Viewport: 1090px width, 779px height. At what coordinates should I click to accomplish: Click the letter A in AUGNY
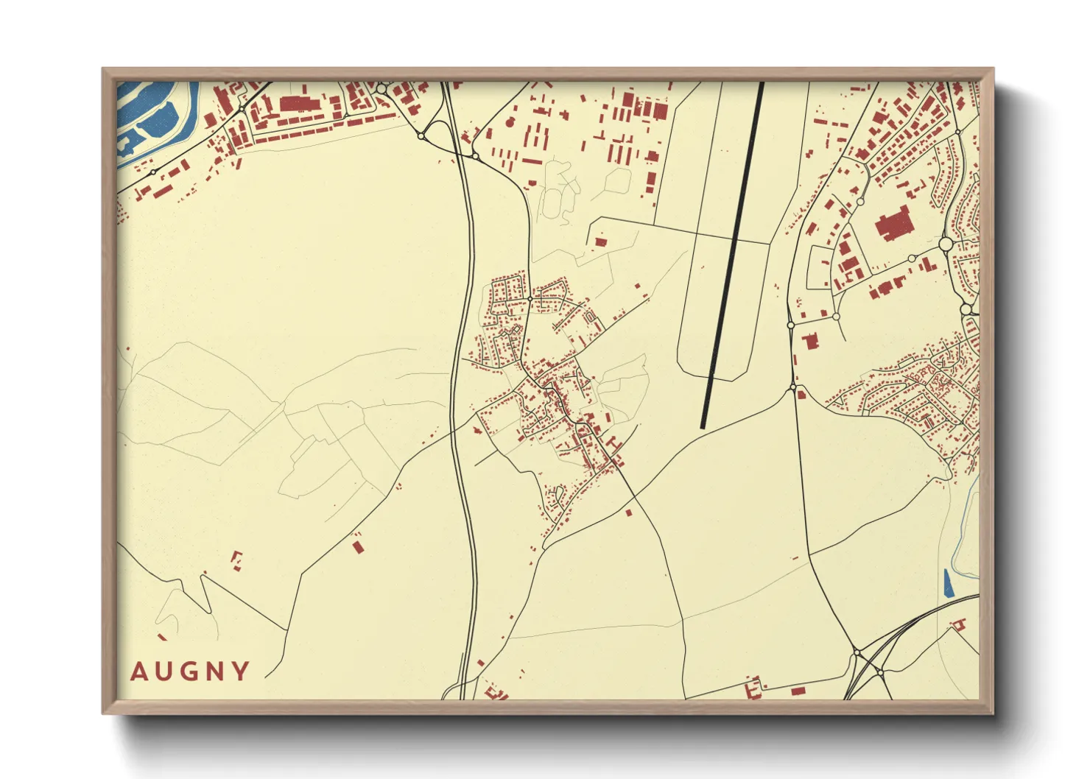pos(139,672)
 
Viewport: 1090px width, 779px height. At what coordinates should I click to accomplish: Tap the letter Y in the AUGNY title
pos(239,672)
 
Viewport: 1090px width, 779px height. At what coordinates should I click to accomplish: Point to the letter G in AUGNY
pos(189,672)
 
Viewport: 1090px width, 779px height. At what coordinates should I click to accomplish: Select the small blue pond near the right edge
pos(947,583)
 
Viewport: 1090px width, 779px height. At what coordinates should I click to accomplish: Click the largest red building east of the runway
pos(893,224)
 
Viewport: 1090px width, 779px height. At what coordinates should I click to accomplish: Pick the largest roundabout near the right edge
pos(946,244)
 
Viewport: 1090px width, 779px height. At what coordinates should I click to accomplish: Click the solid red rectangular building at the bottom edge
pos(798,691)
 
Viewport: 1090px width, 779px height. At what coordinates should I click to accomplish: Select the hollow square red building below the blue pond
pos(958,624)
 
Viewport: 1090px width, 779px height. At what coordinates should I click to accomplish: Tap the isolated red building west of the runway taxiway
pos(601,242)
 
